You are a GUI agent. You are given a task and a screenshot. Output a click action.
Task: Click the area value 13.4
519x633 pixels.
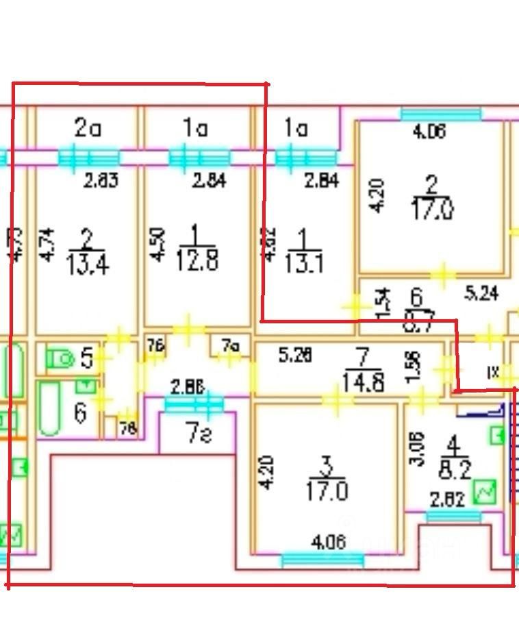(x=87, y=262)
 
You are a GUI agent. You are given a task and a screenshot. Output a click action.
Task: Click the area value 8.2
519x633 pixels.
(x=455, y=472)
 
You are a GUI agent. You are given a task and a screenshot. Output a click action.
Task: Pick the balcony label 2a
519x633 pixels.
(x=88, y=127)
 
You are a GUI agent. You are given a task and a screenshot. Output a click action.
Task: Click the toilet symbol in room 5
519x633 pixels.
(x=60, y=358)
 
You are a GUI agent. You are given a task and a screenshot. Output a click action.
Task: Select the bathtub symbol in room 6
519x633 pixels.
(x=49, y=410)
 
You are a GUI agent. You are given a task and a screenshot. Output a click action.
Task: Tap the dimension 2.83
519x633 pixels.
(x=101, y=181)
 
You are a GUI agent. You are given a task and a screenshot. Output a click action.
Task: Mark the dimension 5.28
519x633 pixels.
(x=296, y=356)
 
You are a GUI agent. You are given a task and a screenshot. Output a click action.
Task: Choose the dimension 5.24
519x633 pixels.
(x=482, y=294)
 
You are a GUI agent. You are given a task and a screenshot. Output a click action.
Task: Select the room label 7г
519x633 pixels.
(x=198, y=433)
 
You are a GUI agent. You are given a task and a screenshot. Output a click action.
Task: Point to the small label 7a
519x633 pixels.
(x=229, y=347)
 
